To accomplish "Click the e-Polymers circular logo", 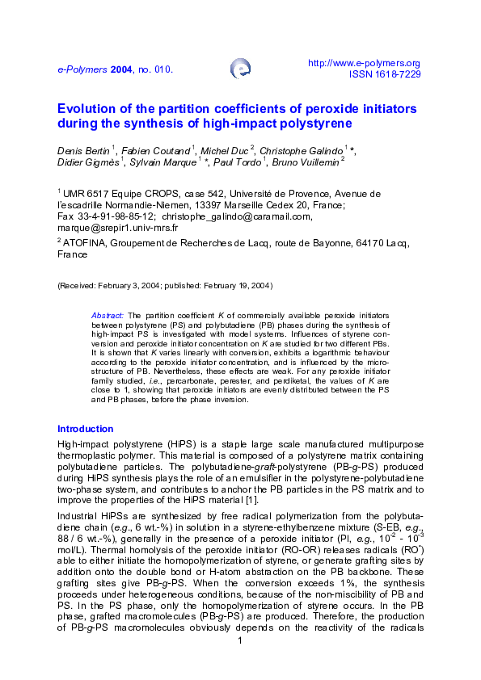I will coord(239,69).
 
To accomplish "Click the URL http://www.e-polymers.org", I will coord(365,63).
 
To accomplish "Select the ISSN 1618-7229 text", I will coord(384,73).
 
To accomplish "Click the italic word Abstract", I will coord(108,315).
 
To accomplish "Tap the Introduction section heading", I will coord(85,429).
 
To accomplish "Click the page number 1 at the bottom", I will coord(240,663).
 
